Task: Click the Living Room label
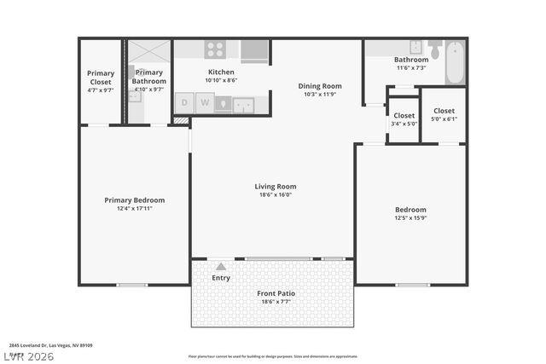tap(275, 186)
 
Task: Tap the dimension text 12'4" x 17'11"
tap(134, 209)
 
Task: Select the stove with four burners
tap(215, 49)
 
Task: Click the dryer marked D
tap(183, 103)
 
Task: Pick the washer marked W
tap(203, 103)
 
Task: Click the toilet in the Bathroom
tap(435, 49)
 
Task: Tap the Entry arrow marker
tap(221, 266)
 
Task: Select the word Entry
tap(221, 278)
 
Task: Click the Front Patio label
tap(276, 293)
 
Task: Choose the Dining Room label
tap(320, 85)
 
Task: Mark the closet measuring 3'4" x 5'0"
tap(404, 118)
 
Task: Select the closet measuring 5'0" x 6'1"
tap(444, 114)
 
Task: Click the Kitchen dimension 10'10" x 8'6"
tap(221, 81)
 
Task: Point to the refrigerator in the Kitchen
tap(254, 51)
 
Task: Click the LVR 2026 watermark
tap(27, 355)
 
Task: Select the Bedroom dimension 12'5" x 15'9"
tap(410, 218)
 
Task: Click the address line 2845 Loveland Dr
tap(51, 345)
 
